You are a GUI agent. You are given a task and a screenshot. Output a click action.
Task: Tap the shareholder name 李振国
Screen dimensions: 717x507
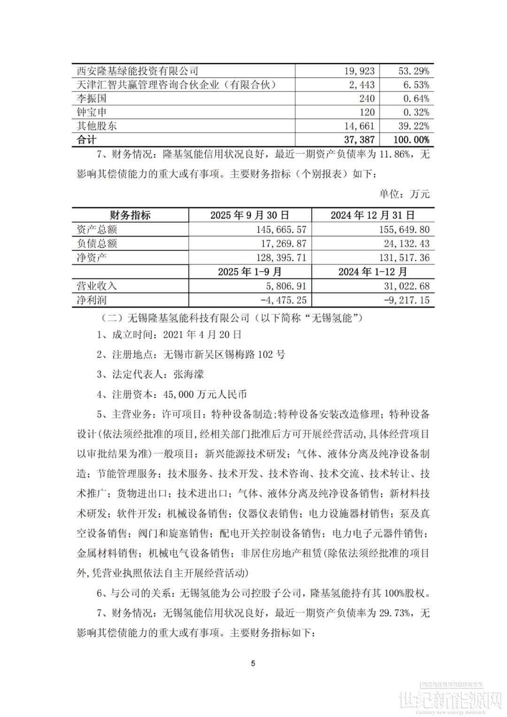click(x=92, y=98)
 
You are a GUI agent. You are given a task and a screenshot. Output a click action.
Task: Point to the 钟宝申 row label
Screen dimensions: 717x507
click(x=92, y=112)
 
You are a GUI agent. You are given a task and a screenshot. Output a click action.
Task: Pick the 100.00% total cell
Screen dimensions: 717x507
click(x=407, y=140)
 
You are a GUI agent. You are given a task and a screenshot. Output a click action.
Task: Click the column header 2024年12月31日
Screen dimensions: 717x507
click(x=373, y=215)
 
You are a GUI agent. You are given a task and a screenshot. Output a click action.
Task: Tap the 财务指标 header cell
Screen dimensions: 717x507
click(x=130, y=215)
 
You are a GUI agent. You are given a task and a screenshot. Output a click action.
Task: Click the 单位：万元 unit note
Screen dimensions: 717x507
click(x=404, y=194)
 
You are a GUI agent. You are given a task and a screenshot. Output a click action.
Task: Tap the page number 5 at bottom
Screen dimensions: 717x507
click(x=253, y=663)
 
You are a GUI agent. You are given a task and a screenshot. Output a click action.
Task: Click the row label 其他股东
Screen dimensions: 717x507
click(x=97, y=126)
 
